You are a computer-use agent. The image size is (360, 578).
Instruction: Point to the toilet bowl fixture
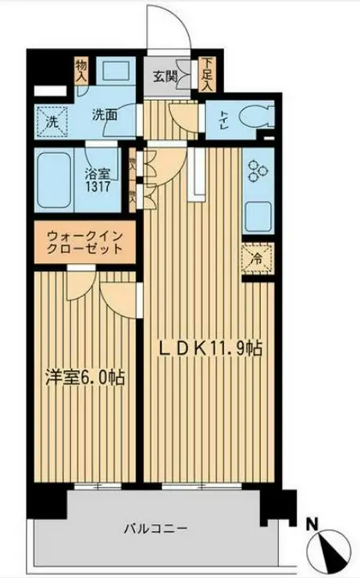(x=253, y=118)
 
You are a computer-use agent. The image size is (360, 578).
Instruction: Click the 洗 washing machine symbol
(x=51, y=122)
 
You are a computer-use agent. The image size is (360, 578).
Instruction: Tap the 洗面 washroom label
(x=105, y=115)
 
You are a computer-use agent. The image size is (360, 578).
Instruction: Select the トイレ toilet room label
(x=223, y=118)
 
